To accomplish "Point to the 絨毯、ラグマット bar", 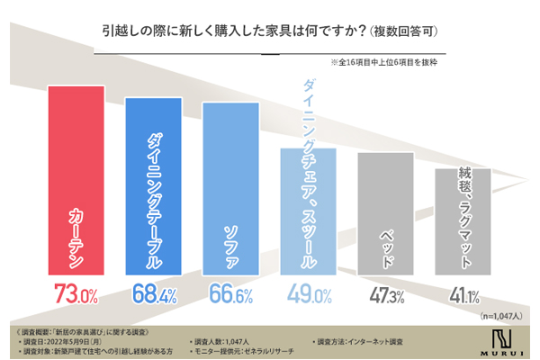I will click(463, 220).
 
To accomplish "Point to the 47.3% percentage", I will click(386, 292).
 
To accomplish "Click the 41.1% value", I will click(463, 292).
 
